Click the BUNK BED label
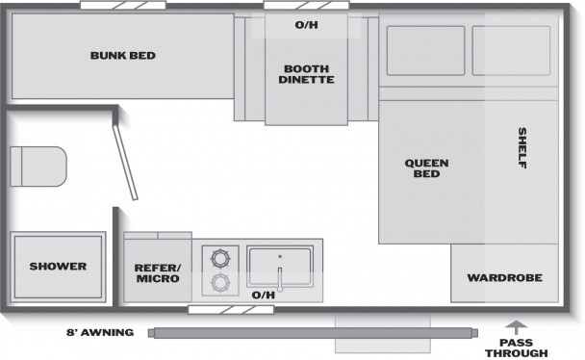[x=123, y=56]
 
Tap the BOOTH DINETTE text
[x=306, y=74]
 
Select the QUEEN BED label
[x=426, y=168]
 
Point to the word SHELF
[x=522, y=147]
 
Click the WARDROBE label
[x=505, y=277]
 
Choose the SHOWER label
[x=58, y=267]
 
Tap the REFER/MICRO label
[x=158, y=273]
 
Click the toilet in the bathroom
[x=38, y=167]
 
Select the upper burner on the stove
[x=220, y=258]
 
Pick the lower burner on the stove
[x=220, y=282]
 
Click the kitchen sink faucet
[x=280, y=279]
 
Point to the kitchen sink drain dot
[x=280, y=256]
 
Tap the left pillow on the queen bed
[x=425, y=51]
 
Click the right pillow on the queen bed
[x=512, y=51]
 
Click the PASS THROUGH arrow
[x=517, y=327]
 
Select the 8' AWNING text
[x=100, y=332]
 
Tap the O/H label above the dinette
[x=306, y=25]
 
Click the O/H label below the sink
[x=264, y=296]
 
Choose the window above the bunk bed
[x=123, y=5]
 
